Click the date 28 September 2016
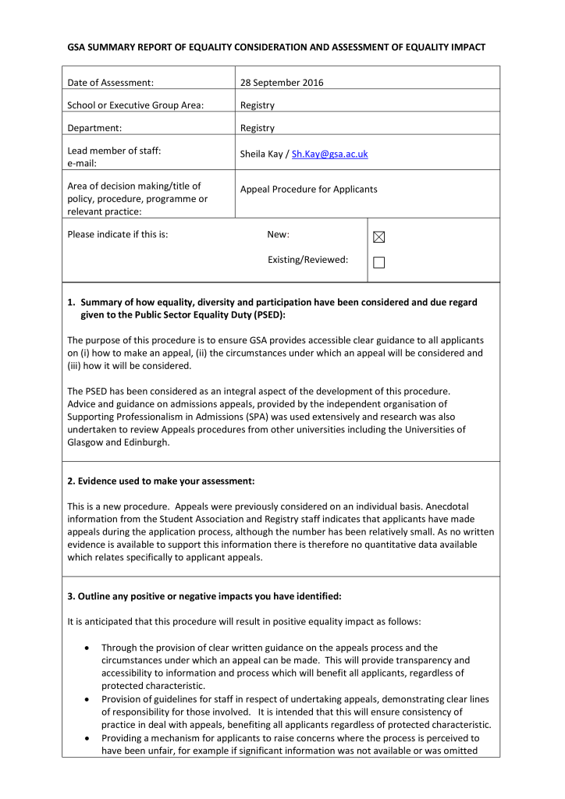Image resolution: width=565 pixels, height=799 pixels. (282, 83)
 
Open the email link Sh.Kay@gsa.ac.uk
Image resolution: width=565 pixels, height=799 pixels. (329, 154)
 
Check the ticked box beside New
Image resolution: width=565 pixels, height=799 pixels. (379, 237)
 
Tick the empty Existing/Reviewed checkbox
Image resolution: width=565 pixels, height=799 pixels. (379, 263)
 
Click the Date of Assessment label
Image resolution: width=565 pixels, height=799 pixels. (110, 83)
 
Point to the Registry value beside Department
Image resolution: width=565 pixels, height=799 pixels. (258, 128)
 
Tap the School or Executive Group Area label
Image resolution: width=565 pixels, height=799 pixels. (135, 105)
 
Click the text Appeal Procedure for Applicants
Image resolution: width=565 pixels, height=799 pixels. (308, 190)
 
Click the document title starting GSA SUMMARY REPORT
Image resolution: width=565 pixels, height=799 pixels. (276, 48)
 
